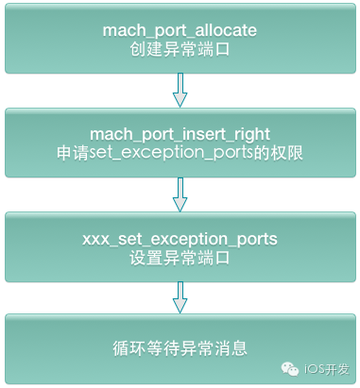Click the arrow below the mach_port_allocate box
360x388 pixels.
[180, 91]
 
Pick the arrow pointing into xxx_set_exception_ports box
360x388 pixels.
[180, 195]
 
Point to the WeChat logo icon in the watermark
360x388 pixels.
[294, 368]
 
